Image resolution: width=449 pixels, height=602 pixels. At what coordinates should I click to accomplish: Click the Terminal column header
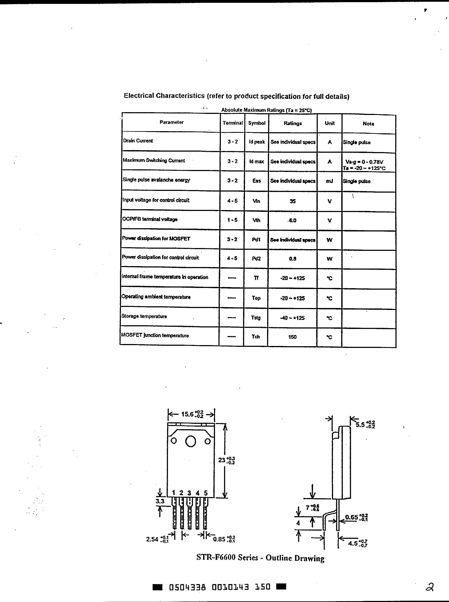[x=232, y=123]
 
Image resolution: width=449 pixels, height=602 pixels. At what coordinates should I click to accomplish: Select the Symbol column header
[x=257, y=123]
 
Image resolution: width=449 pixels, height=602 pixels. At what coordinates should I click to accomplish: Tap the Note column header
[x=368, y=124]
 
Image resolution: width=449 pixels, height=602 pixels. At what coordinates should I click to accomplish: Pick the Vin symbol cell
[x=256, y=201]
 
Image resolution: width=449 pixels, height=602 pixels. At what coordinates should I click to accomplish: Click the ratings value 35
[x=292, y=201]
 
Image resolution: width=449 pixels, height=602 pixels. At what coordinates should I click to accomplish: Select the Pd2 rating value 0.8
[x=292, y=259]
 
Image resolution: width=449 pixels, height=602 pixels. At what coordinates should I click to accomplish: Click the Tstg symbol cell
[x=256, y=318]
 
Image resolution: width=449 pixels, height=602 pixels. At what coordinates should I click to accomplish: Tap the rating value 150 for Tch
[x=292, y=337]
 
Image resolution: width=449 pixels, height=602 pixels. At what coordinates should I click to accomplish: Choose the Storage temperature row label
[x=144, y=316]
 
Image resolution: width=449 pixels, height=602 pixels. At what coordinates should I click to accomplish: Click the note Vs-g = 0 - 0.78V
[x=364, y=162]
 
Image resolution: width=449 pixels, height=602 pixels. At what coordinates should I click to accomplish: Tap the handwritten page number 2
[x=429, y=587]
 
